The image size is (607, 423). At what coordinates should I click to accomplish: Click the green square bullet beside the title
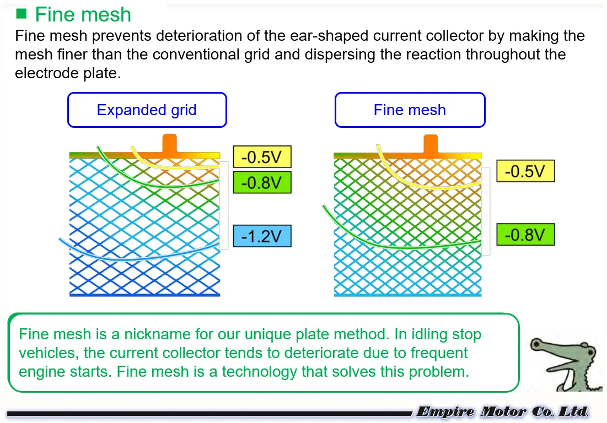pyautogui.click(x=22, y=13)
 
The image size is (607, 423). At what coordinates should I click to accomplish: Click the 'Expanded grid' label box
pyautogui.click(x=147, y=110)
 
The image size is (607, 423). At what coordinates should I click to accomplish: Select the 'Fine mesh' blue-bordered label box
pyautogui.click(x=410, y=110)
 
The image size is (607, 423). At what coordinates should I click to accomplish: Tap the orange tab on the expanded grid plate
pyautogui.click(x=169, y=145)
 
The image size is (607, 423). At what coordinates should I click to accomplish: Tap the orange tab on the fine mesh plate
pyautogui.click(x=431, y=145)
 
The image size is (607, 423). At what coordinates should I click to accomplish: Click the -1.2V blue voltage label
pyautogui.click(x=262, y=236)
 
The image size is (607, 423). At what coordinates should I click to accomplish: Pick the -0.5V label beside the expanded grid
pyautogui.click(x=262, y=157)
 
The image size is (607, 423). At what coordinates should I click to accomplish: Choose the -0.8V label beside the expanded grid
pyautogui.click(x=262, y=182)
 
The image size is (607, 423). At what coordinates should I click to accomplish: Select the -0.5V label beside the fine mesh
pyautogui.click(x=525, y=171)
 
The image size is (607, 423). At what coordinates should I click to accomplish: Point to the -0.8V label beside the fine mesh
pyautogui.click(x=525, y=235)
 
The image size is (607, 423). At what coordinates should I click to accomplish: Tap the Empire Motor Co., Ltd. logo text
pyautogui.click(x=502, y=411)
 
